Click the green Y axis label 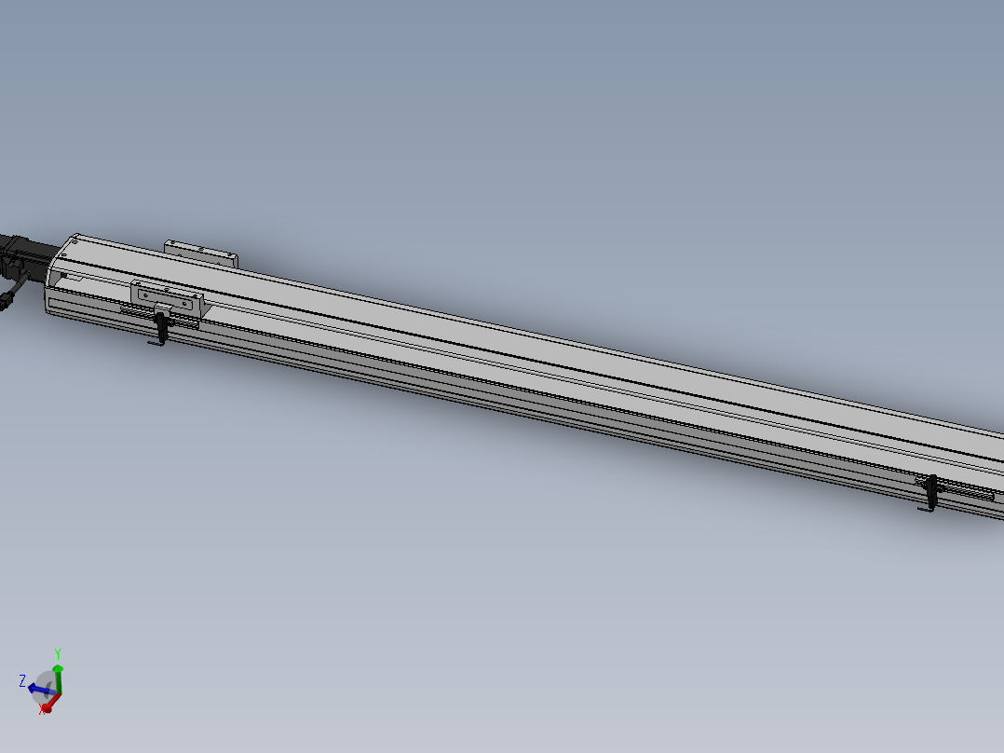(x=58, y=654)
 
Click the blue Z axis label (x=22, y=680)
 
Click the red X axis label (x=42, y=710)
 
